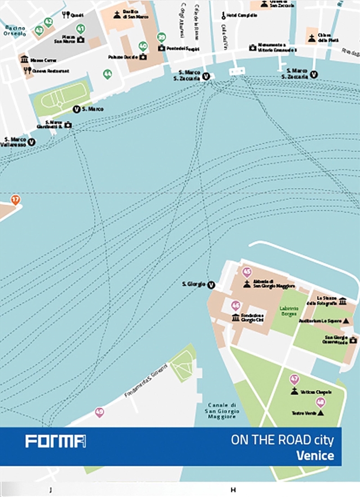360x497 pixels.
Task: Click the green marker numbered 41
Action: coord(81,29)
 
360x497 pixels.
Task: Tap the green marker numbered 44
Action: coord(107,74)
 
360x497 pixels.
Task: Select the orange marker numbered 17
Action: coord(16,199)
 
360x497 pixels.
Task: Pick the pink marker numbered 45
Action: coord(246,272)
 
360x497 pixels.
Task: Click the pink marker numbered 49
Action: coord(99,411)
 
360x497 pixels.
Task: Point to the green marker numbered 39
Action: coord(161,37)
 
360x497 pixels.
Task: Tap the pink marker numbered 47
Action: coord(294,379)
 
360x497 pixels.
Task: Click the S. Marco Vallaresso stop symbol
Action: coord(31,142)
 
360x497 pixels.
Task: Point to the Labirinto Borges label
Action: coord(288,311)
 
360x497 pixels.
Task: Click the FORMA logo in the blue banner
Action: coord(55,441)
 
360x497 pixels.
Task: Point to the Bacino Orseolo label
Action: coord(15,31)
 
